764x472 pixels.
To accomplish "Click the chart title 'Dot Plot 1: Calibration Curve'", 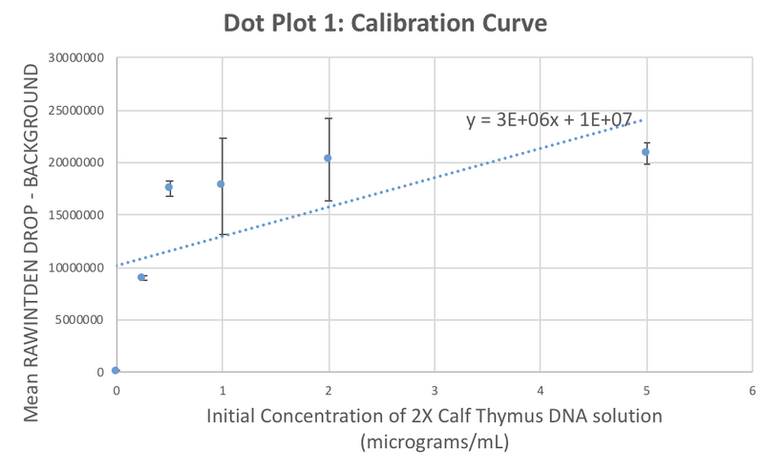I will (386, 24).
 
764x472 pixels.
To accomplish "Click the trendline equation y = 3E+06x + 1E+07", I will (549, 119).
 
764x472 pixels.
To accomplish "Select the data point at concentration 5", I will (646, 152).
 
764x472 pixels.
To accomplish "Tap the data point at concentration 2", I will (328, 158).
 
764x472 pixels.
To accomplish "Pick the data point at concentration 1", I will (221, 183).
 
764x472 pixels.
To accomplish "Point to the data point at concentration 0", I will (116, 370).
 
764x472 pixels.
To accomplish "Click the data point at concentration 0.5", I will (169, 187).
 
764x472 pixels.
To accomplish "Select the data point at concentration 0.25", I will (141, 277).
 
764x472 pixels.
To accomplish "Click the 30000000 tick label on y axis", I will (73, 58).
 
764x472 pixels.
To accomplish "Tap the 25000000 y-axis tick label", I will (73, 111).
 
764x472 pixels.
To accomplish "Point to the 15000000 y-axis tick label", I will (73, 215).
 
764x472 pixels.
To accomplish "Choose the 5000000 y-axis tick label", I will (76, 320).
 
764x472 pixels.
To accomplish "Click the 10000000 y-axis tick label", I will (73, 268).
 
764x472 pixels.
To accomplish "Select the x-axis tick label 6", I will (753, 390).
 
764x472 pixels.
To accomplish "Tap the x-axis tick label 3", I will (435, 390).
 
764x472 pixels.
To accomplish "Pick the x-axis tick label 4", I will (541, 390).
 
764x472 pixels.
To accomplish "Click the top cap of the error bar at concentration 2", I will (328, 118).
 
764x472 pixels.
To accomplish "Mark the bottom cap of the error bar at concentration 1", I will (221, 234).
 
